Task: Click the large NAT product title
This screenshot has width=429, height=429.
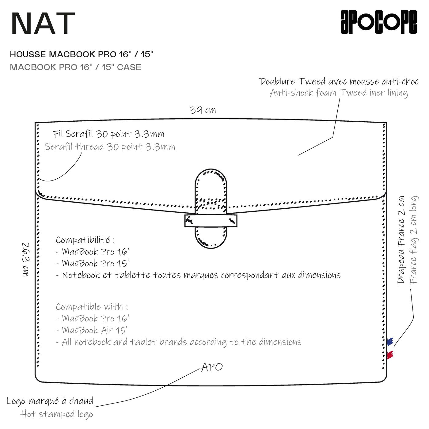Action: pos(43,24)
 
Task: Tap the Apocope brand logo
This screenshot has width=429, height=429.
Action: pos(378,22)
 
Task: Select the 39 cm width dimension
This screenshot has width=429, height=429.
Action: pos(203,110)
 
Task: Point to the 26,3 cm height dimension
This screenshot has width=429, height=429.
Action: pos(26,259)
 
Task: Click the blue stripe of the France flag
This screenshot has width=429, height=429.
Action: pos(390,341)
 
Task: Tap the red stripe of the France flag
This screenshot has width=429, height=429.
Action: pos(390,355)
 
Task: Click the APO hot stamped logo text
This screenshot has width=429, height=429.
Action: pos(212,367)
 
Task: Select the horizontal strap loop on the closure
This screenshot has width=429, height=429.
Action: pos(211,221)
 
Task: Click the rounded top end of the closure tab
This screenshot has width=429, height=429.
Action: pos(211,178)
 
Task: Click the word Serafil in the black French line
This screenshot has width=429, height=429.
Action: pos(79,134)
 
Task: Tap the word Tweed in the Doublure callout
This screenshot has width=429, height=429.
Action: pos(311,82)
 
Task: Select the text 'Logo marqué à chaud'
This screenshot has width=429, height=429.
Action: pos(50,401)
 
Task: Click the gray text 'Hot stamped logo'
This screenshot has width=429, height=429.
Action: pos(57,414)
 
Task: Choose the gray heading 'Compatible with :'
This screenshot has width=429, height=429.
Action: pos(92,307)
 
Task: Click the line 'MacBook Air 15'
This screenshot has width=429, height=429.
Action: pos(95,330)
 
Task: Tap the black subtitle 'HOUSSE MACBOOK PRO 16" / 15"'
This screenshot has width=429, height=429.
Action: pos(82,55)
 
